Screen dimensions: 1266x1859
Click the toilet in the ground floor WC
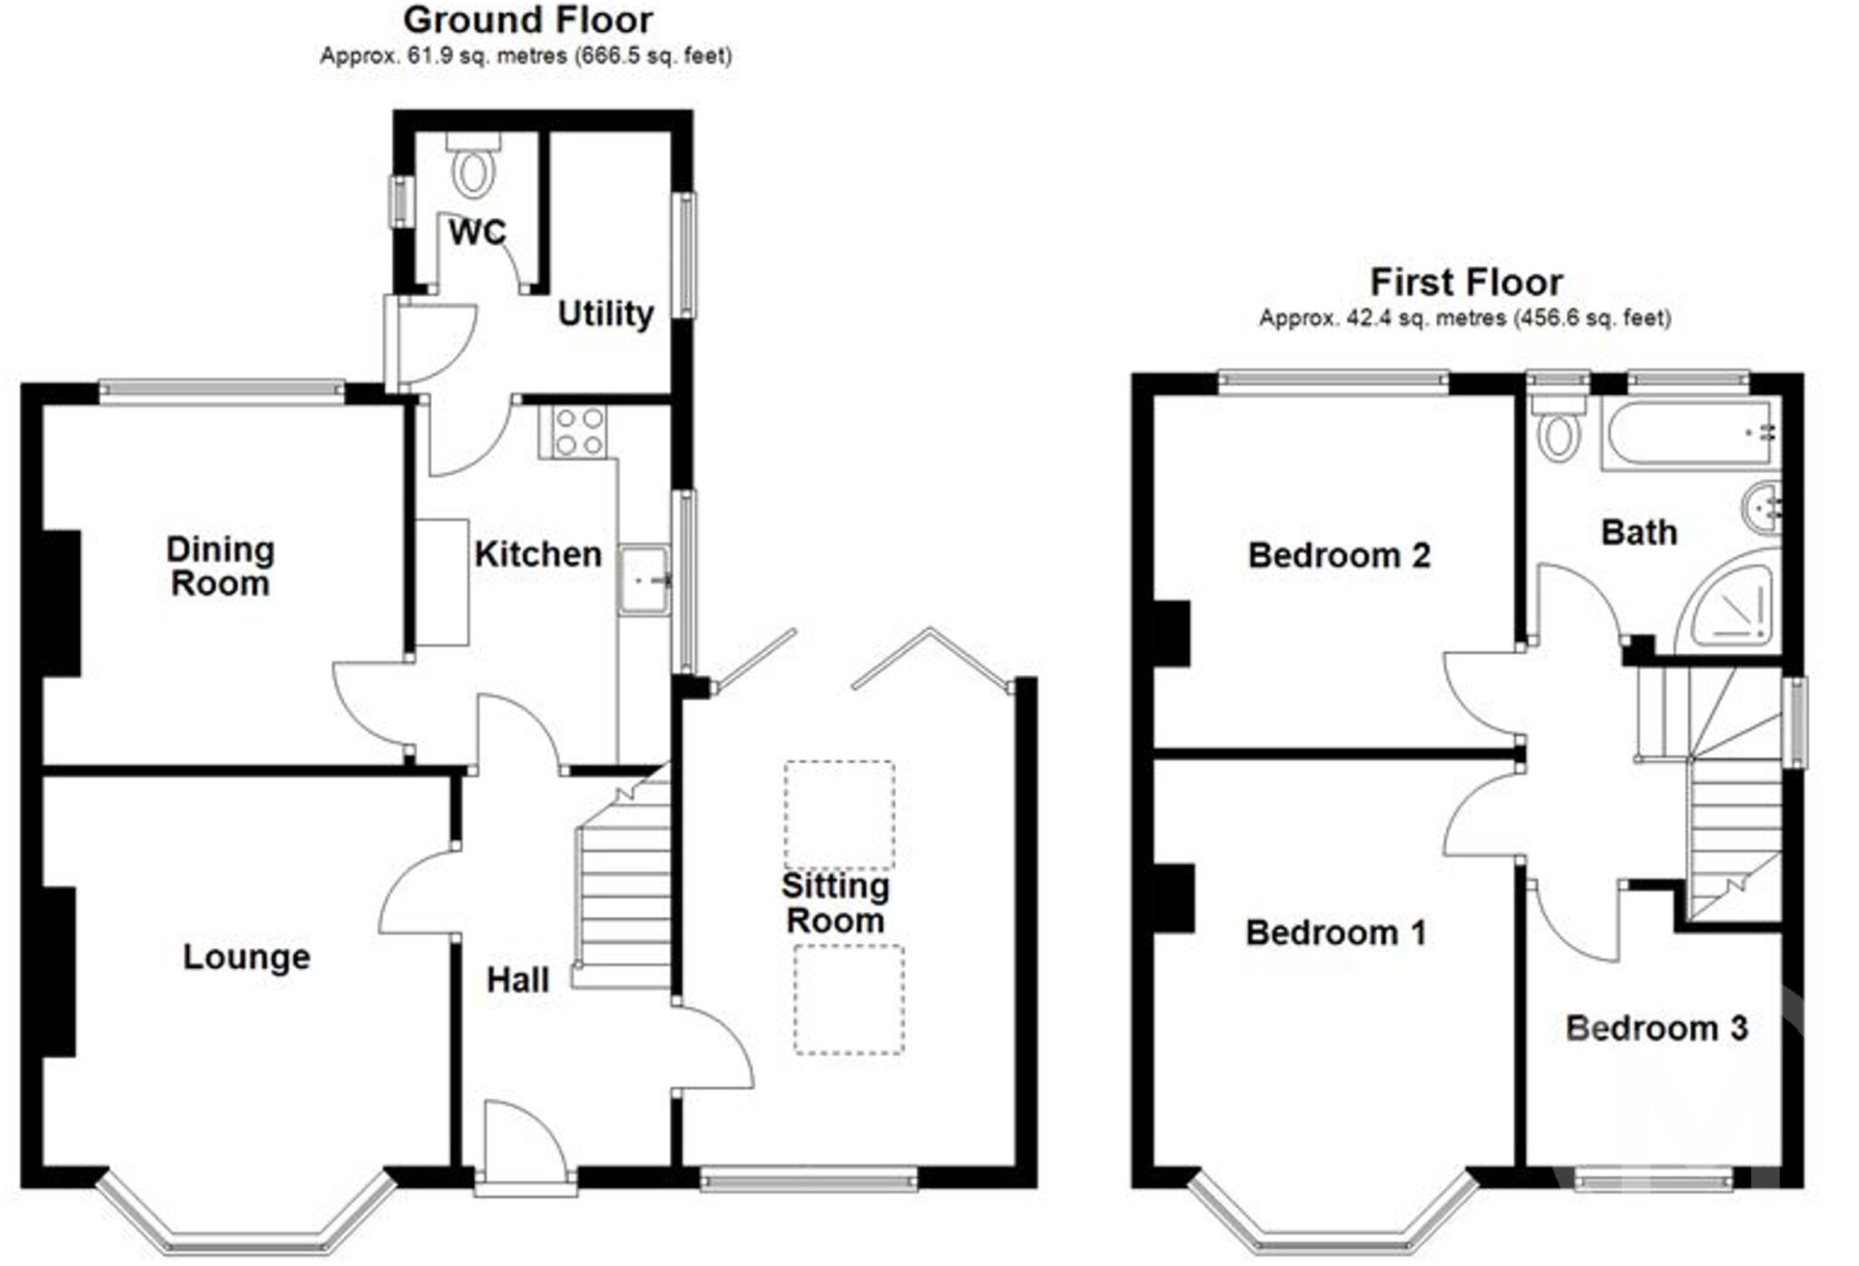click(473, 169)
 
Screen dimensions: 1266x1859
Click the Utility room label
click(605, 314)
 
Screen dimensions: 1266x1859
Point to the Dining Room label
click(220, 567)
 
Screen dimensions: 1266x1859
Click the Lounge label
click(246, 957)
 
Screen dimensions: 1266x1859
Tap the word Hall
click(517, 981)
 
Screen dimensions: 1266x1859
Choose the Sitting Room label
click(835, 904)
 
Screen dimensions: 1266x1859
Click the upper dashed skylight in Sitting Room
click(840, 815)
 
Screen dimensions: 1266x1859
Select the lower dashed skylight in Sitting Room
click(849, 1000)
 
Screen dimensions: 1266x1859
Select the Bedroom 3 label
click(1656, 1029)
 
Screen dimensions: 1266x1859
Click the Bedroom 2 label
click(1338, 556)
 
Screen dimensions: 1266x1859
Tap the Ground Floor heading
click(527, 20)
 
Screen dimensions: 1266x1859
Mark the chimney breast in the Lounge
click(59, 972)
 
